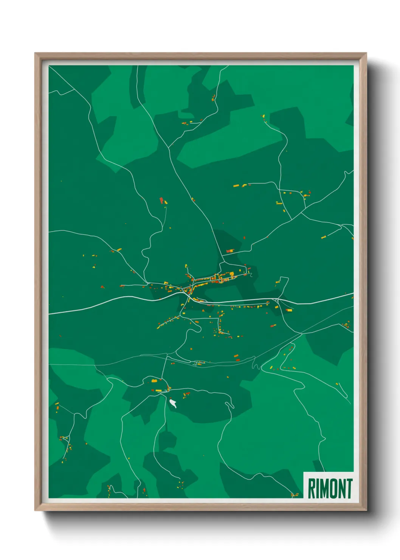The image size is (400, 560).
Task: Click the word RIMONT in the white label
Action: pos(330,488)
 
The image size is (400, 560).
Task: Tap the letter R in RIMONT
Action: pos(312,488)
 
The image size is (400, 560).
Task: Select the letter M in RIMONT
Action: pos(323,488)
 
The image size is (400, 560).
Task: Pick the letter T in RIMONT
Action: pos(349,488)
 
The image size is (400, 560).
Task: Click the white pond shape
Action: pos(173,403)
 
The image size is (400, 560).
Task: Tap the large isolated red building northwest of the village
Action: pos(161,200)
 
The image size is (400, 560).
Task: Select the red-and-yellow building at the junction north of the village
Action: pos(230,250)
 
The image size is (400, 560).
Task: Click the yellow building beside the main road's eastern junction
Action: pos(289,310)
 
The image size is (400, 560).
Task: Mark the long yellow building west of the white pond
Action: pos(159,390)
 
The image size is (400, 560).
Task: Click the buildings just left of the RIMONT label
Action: pos(294,495)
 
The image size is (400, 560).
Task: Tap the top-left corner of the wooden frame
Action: pos(35,53)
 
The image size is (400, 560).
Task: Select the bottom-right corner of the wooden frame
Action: pos(366,510)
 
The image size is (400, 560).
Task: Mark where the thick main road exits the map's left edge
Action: pos(50,313)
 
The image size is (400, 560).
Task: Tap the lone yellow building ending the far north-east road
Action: pos(264,116)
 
